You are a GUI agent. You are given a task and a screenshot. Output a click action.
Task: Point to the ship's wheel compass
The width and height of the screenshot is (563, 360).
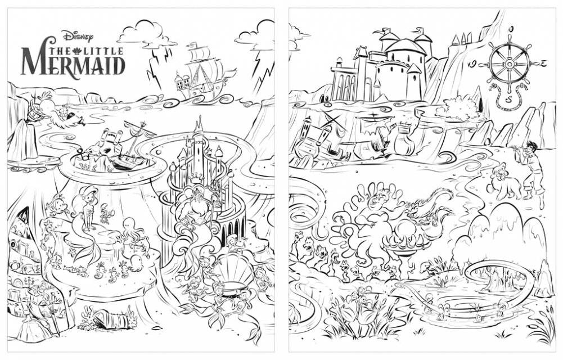(509, 65)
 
